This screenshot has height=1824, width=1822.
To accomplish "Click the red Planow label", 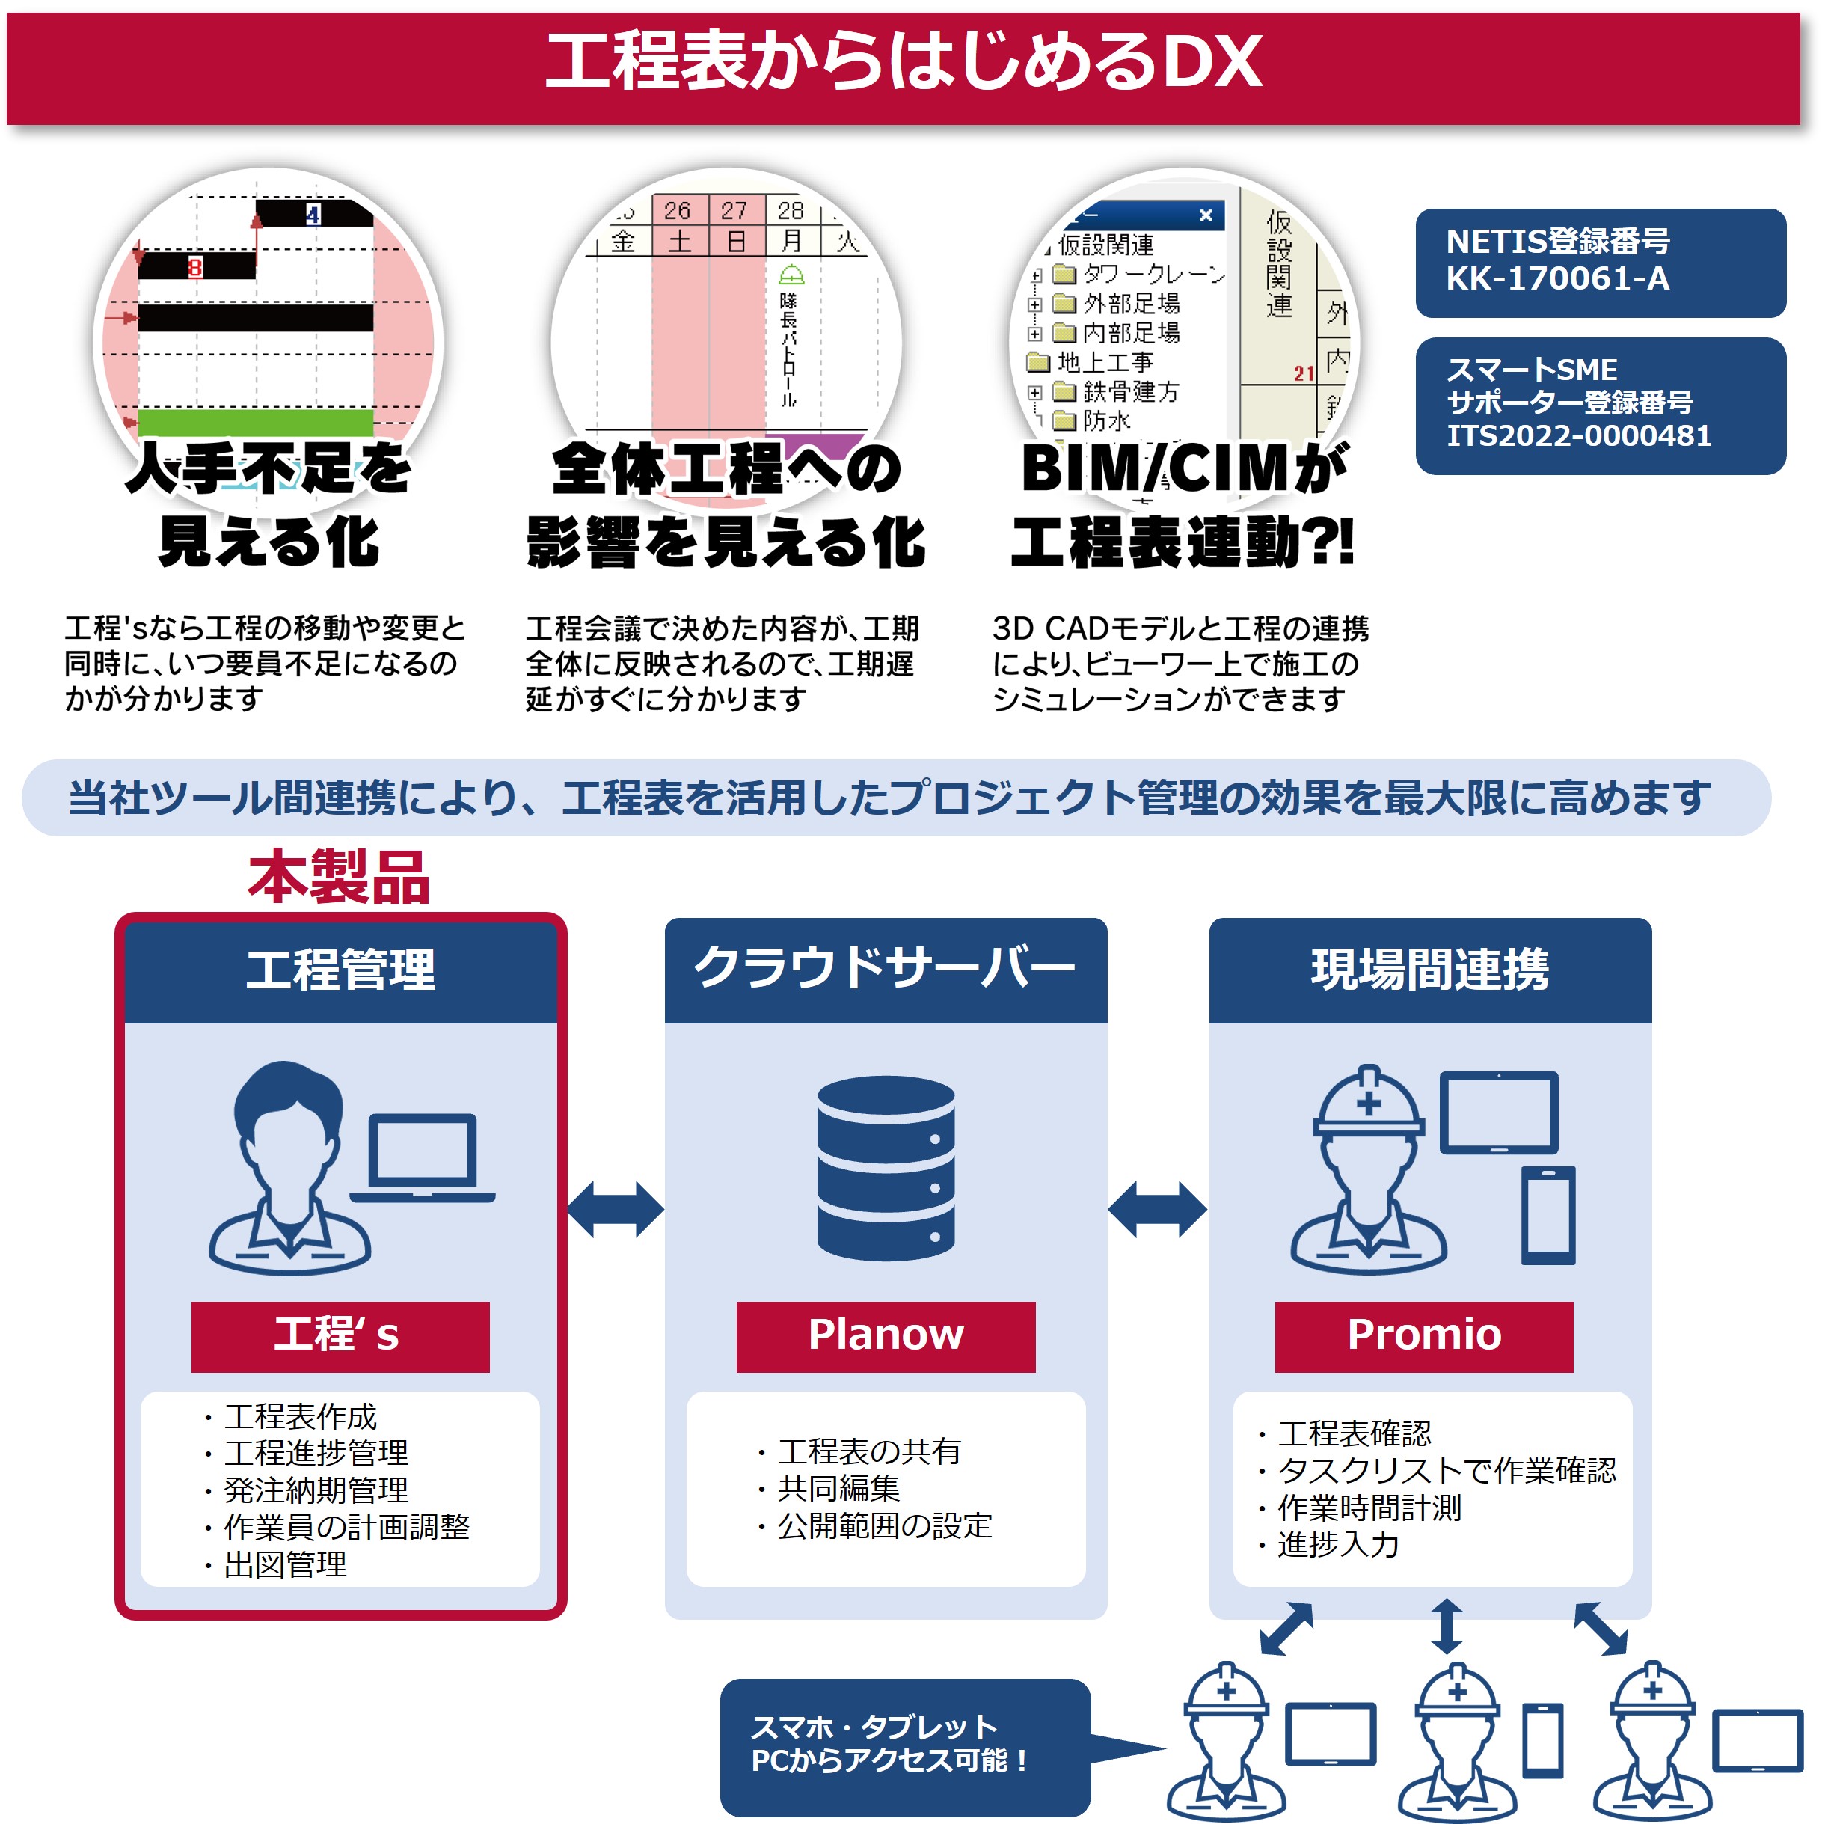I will [885, 1335].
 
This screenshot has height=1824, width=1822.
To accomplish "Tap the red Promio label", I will [1423, 1335].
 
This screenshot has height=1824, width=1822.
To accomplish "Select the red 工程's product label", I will [340, 1335].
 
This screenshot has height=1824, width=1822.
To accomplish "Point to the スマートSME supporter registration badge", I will [1599, 404].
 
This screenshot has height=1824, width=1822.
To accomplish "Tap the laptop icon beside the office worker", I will [422, 1157].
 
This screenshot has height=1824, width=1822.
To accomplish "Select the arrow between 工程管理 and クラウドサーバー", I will [615, 1208].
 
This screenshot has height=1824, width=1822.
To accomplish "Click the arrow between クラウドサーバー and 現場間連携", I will [1156, 1208].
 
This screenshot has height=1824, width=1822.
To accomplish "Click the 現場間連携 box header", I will [1429, 970].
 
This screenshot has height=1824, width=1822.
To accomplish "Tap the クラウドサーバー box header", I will [885, 970].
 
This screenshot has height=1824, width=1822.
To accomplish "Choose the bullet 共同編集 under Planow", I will [838, 1489].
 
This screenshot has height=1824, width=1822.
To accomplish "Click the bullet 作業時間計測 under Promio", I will [1369, 1508].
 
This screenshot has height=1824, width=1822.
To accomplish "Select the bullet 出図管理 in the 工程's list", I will [285, 1564].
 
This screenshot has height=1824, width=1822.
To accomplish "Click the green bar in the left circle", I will [255, 422].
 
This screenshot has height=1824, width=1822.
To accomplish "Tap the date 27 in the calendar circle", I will [734, 209].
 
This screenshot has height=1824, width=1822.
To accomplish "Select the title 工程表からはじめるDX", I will [904, 62].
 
